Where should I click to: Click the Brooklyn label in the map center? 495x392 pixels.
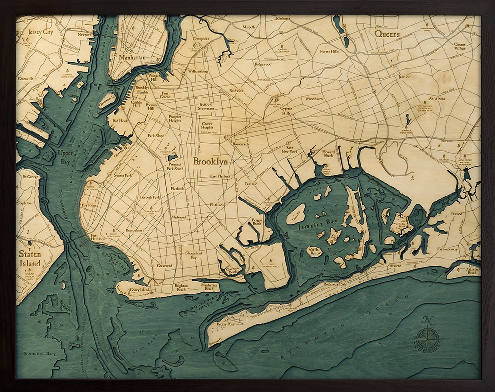click(x=210, y=162)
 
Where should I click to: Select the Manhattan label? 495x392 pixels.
click(x=132, y=58)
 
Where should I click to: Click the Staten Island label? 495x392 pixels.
click(x=30, y=258)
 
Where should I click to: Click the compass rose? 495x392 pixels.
click(x=427, y=338)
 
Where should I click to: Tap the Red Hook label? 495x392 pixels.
click(x=120, y=120)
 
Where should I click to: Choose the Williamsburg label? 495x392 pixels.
click(x=198, y=71)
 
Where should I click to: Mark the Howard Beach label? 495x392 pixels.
click(x=329, y=154)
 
